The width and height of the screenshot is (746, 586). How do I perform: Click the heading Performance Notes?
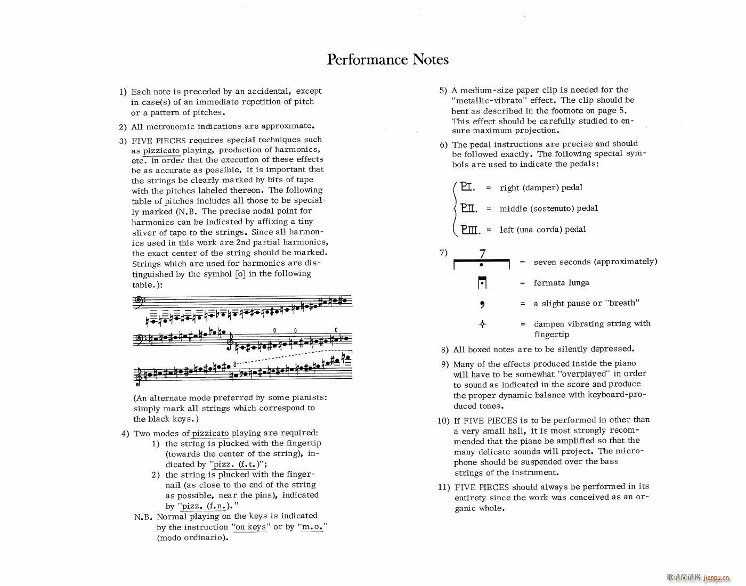click(387, 59)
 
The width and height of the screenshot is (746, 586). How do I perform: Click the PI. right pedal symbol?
click(468, 187)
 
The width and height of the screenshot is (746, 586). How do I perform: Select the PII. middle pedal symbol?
click(469, 208)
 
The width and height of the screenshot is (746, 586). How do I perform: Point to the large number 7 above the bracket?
click(482, 254)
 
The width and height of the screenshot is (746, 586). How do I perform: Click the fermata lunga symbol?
click(482, 283)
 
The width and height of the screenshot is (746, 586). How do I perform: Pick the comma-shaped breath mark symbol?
click(482, 304)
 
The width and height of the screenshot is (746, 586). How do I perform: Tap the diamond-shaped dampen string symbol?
click(482, 324)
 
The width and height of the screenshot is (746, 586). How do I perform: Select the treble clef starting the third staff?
click(138, 376)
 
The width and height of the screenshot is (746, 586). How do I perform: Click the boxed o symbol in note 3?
click(240, 274)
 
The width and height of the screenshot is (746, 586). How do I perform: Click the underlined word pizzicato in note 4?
click(210, 434)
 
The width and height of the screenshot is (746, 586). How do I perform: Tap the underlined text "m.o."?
click(312, 527)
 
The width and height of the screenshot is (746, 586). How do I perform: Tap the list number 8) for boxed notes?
click(445, 349)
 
